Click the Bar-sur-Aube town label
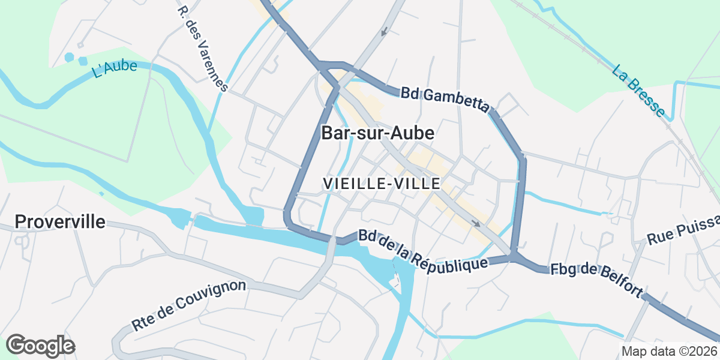pos(377,133)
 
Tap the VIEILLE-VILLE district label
pos(382,184)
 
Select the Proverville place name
pos(60,221)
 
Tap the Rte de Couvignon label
pos(189,305)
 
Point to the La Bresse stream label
pos(639,91)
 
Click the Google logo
pos(40,346)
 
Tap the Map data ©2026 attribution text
pos(669,351)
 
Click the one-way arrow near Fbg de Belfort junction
pos(475,224)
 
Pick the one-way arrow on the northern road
pos(383,31)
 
